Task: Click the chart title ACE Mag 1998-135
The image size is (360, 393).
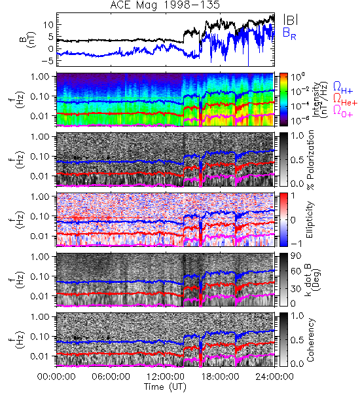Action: pyautogui.click(x=165, y=5)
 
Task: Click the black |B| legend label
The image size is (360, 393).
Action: pyautogui.click(x=291, y=19)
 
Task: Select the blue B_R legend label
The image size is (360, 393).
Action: pyautogui.click(x=289, y=33)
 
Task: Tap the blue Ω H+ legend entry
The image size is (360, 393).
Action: pyautogui.click(x=343, y=88)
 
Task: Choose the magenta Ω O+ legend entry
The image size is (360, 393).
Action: pyautogui.click(x=343, y=111)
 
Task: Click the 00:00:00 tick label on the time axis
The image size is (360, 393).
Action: pyautogui.click(x=56, y=377)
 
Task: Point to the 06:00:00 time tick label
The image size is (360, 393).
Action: pyautogui.click(x=111, y=377)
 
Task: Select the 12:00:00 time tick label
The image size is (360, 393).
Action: pyautogui.click(x=166, y=377)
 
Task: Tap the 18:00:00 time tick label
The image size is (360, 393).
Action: pyautogui.click(x=220, y=377)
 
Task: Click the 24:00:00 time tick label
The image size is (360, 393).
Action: pyautogui.click(x=274, y=377)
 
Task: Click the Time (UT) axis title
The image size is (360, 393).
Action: pyautogui.click(x=166, y=386)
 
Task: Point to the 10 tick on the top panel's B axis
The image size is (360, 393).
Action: pyautogui.click(x=48, y=25)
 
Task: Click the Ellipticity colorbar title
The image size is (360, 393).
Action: pyautogui.click(x=310, y=219)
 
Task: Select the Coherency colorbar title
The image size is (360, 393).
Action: pyautogui.click(x=310, y=340)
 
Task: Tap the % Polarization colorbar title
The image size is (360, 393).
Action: pyautogui.click(x=310, y=160)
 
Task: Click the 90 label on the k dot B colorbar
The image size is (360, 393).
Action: pyautogui.click(x=296, y=256)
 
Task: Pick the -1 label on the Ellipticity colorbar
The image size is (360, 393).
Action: pyautogui.click(x=296, y=244)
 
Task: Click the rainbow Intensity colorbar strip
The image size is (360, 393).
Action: pyautogui.click(x=283, y=100)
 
